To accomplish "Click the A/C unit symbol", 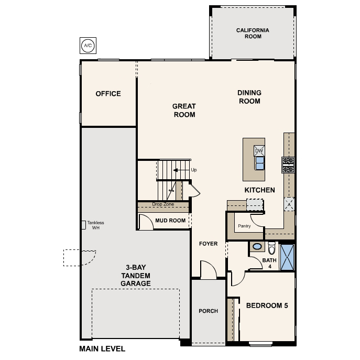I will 88,46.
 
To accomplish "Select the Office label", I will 108,94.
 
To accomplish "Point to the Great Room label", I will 184,110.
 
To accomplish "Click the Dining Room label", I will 249,97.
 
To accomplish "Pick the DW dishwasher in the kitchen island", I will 259,151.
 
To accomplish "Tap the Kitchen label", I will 259,190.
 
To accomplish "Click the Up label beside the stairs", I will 194,170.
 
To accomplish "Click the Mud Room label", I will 170,221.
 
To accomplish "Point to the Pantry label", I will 244,226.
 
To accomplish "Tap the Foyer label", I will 208,244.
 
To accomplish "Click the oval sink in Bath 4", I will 257,246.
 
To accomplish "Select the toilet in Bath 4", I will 271,247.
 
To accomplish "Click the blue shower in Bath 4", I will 287,257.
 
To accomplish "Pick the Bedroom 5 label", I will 267,305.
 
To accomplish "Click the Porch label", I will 208,311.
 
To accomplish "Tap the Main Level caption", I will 102,348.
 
